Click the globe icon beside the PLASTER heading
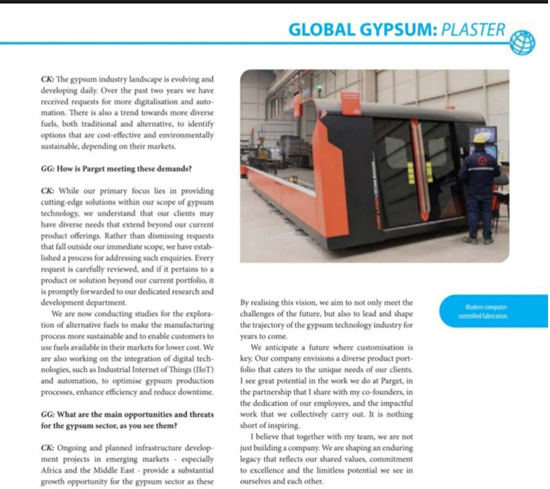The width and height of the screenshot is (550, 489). pyautogui.click(x=522, y=43)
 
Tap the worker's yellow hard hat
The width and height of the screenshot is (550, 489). pyautogui.click(x=480, y=138)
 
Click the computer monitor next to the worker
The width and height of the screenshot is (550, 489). pyautogui.click(x=482, y=135)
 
